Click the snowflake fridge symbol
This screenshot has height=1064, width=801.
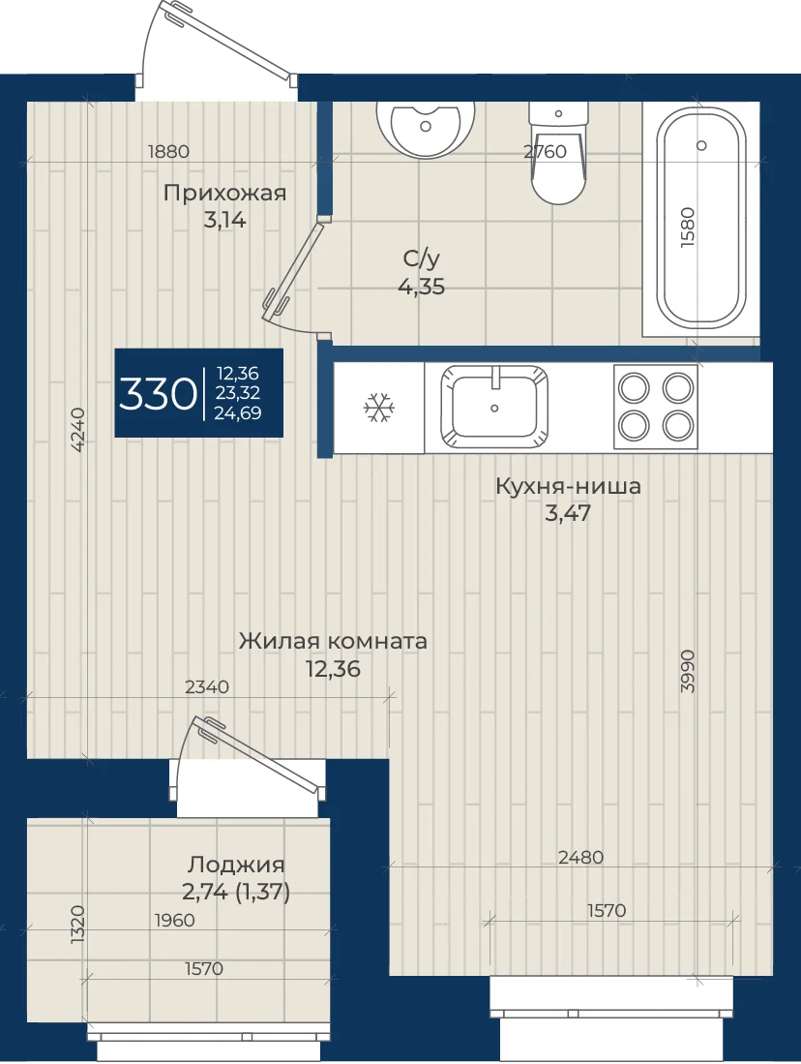point(380,409)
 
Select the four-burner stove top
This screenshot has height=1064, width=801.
point(656,408)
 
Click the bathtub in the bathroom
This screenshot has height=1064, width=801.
point(702,222)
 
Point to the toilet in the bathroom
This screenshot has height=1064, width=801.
point(558,153)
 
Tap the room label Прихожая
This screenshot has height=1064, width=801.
point(225,194)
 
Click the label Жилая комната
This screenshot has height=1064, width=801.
point(333,641)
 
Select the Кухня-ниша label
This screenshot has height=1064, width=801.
point(569,487)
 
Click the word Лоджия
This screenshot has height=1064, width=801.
point(236,865)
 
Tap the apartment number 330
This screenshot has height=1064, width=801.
point(158,394)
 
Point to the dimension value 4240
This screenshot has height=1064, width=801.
point(78,430)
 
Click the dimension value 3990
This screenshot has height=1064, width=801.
point(688,671)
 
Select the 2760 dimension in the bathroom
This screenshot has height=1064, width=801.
point(546,151)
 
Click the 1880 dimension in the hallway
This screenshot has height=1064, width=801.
point(169,151)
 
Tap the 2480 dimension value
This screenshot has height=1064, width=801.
point(581,858)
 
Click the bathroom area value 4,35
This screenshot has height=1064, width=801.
point(422,287)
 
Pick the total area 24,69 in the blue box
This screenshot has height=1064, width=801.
point(238,413)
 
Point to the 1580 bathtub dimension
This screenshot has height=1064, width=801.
point(688,228)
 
